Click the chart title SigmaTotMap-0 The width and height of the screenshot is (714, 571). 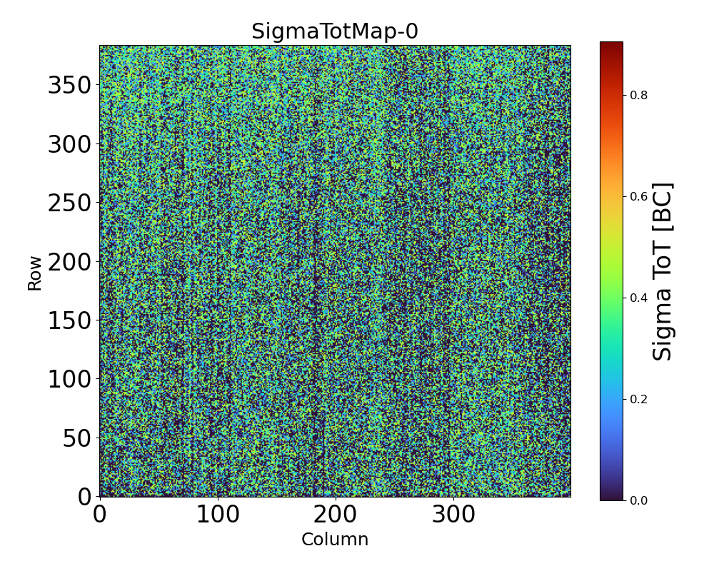point(334,32)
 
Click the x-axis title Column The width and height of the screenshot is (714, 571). point(334,540)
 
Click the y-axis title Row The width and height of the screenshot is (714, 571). point(35,272)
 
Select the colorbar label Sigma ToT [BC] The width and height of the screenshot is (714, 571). point(663,272)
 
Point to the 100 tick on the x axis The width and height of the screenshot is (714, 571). point(217,515)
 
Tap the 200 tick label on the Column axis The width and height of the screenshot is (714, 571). point(335,515)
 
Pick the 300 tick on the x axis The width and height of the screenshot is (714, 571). point(453,515)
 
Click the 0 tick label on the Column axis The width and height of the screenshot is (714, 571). point(100,515)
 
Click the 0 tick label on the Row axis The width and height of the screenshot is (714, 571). point(85,496)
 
